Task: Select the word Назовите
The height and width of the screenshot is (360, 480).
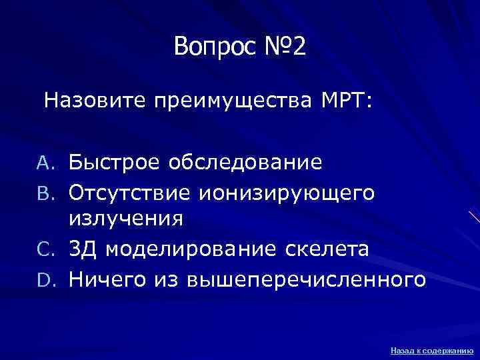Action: pyautogui.click(x=95, y=101)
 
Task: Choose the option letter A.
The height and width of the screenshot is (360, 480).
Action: pyautogui.click(x=56, y=163)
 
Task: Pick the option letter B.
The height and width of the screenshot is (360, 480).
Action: pyautogui.click(x=56, y=193)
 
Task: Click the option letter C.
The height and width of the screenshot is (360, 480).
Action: pyautogui.click(x=56, y=250)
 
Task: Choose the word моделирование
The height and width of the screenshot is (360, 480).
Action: pyautogui.click(x=186, y=250)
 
